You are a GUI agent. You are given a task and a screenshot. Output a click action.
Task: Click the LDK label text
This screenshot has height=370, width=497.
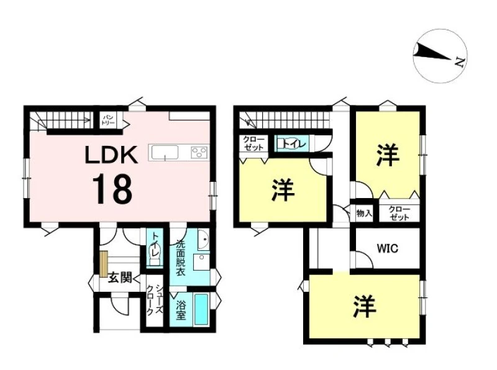click(111, 155)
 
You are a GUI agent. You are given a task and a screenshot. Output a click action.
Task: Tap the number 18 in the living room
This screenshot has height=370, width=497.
click(112, 189)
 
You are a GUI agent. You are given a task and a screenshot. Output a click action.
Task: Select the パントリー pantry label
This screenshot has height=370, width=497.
click(109, 120)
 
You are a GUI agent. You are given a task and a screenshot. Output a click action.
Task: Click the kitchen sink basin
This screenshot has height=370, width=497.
click(165, 152)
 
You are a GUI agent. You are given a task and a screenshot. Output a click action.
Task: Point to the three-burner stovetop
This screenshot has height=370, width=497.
click(199, 152)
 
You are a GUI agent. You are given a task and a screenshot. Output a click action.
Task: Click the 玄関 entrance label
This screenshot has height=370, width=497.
click(120, 277)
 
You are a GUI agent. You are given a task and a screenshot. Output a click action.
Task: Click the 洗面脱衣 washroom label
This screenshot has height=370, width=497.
click(180, 258)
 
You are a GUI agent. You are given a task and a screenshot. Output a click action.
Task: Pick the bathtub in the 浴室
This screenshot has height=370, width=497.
click(201, 309)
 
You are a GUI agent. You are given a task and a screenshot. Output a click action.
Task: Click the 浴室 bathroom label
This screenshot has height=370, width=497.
click(181, 310)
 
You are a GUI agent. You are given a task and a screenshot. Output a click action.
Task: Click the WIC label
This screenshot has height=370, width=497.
click(387, 248)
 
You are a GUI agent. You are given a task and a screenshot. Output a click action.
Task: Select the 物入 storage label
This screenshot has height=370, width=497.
click(364, 213)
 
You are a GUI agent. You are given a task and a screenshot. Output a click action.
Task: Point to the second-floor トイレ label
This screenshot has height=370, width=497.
click(294, 144)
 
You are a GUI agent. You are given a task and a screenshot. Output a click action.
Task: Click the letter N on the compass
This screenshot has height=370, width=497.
click(459, 62)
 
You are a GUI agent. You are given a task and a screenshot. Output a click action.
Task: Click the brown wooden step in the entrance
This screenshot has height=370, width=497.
click(104, 264)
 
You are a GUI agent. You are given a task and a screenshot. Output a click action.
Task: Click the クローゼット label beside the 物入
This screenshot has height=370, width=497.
click(399, 213)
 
